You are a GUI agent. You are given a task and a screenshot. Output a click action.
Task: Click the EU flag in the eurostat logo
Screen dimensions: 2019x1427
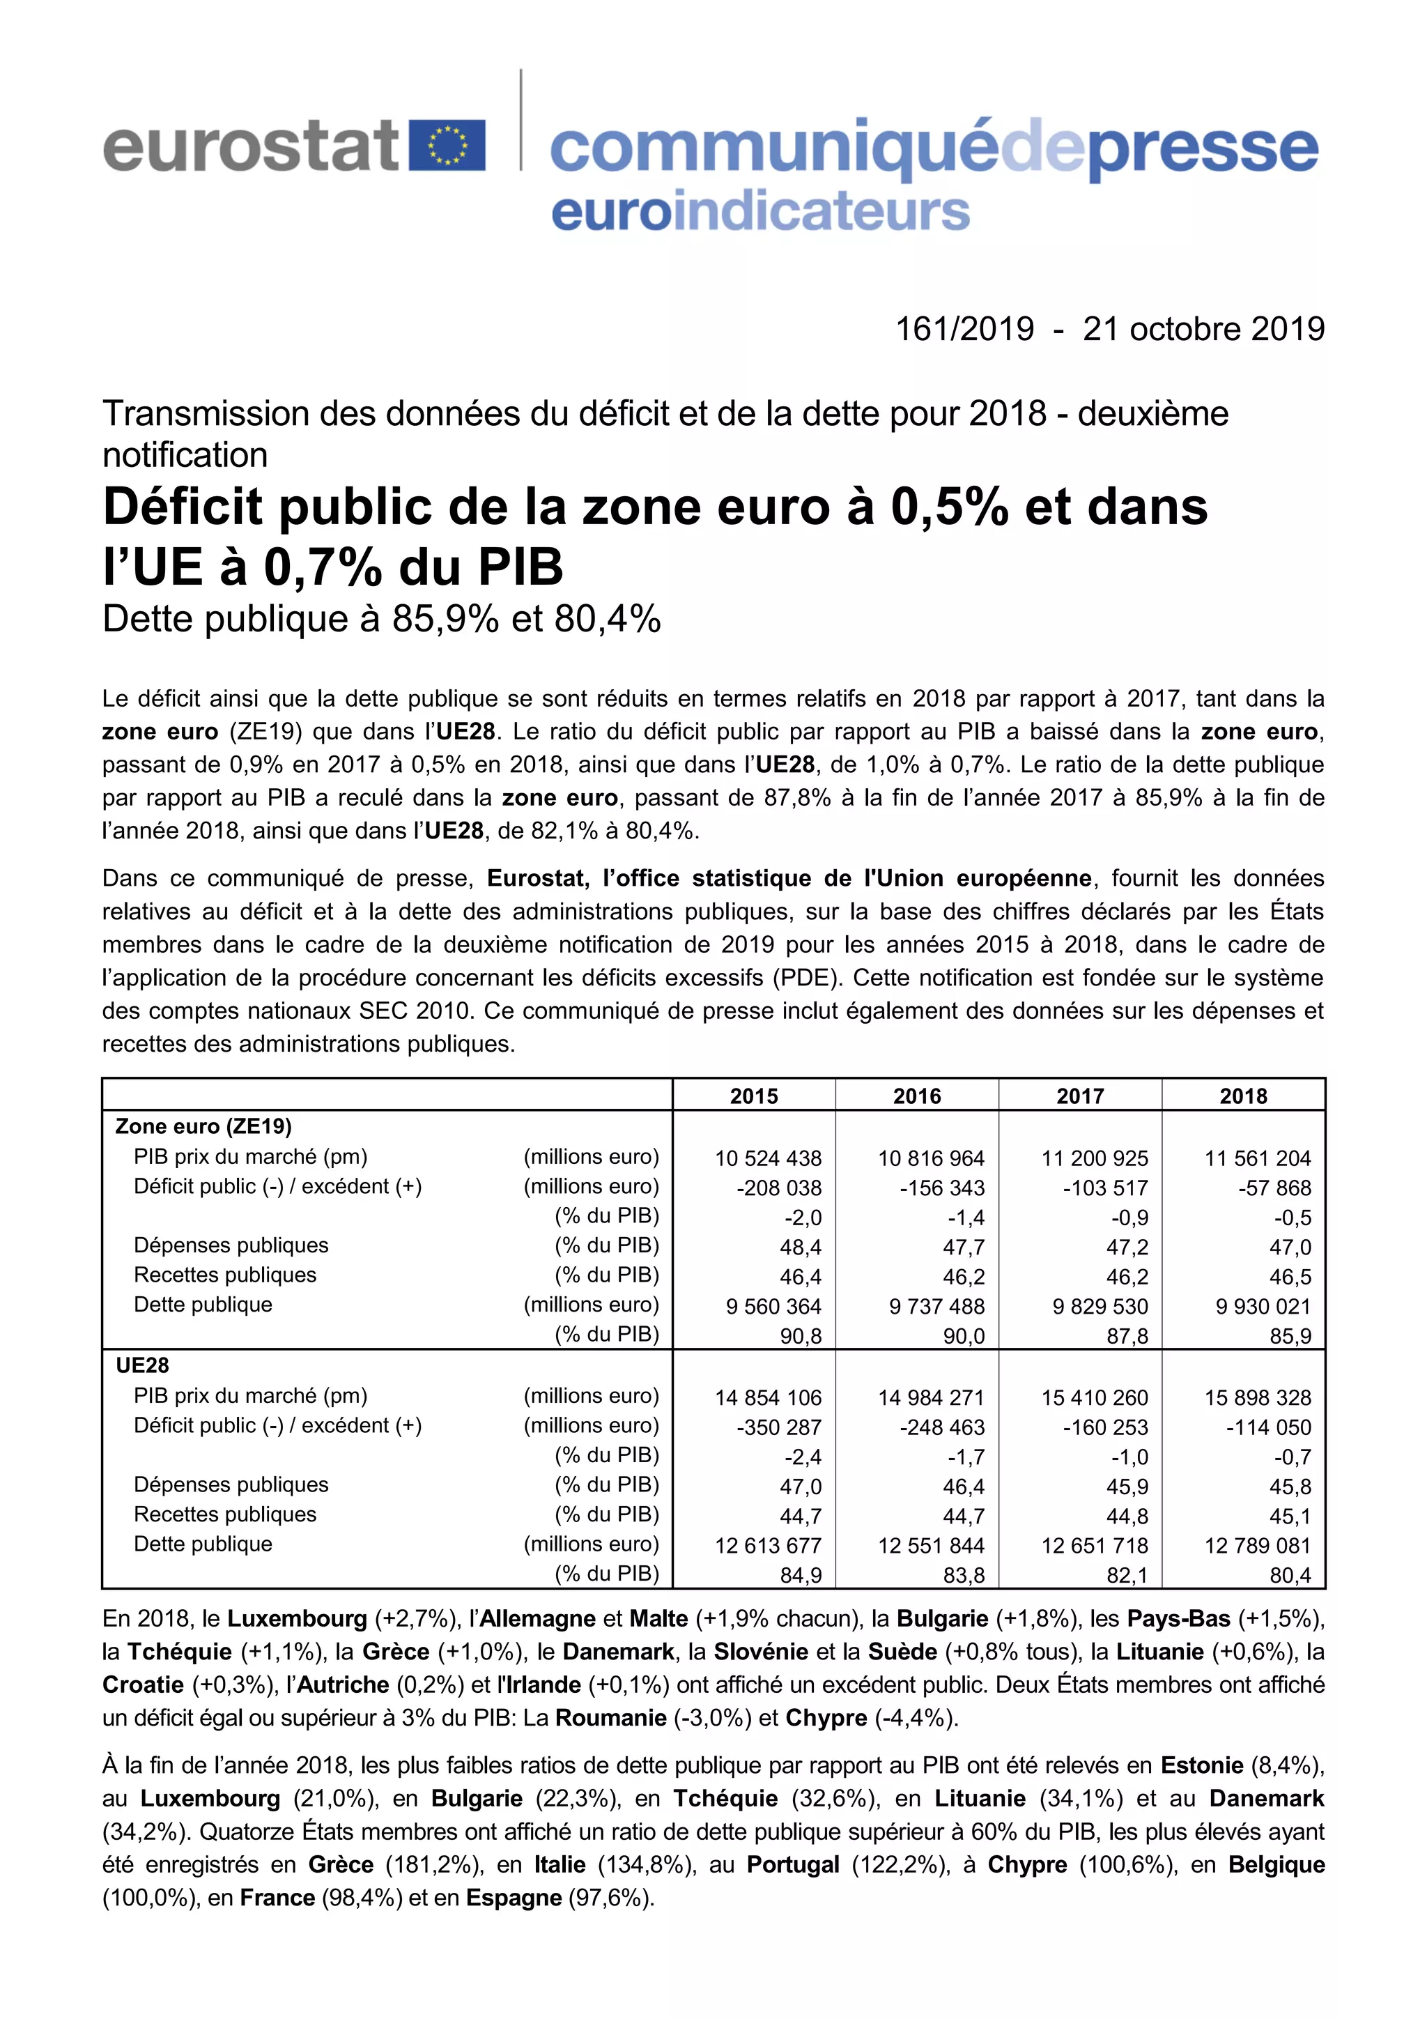[447, 146]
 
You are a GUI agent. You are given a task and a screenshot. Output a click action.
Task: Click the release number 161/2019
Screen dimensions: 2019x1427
[964, 329]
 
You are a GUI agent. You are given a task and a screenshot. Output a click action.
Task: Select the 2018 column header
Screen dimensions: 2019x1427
[1243, 1096]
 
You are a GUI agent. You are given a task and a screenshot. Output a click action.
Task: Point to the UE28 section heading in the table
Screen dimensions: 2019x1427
[142, 1366]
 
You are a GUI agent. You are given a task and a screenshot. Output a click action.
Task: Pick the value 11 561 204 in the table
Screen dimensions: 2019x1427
[1257, 1158]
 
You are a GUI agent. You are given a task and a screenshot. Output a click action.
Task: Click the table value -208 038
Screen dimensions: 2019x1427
[779, 1188]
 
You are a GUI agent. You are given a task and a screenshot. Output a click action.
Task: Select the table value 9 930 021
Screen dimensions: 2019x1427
[1263, 1307]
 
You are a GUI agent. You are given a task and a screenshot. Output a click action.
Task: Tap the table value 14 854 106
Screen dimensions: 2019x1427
[768, 1397]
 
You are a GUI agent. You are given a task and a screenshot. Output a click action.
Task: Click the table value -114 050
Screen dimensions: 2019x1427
[1268, 1427]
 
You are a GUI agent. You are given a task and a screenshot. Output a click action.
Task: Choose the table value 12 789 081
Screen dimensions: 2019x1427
[1257, 1545]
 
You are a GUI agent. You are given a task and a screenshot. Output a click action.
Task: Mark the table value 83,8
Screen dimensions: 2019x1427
[964, 1575]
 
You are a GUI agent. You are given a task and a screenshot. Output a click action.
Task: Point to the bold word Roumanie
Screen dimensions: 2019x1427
[610, 1717]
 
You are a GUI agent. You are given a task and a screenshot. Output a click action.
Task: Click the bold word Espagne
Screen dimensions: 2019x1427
[514, 1898]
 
